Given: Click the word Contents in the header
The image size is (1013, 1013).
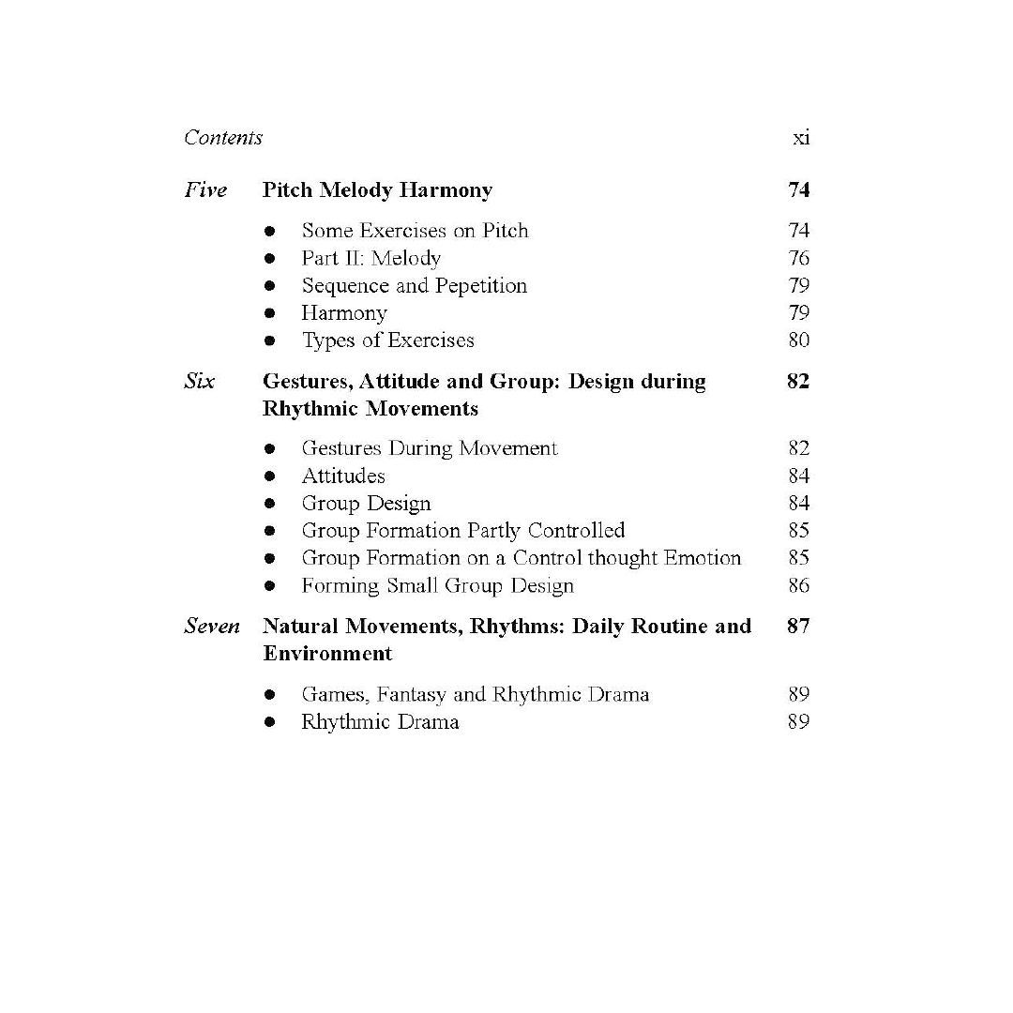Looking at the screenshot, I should [223, 138].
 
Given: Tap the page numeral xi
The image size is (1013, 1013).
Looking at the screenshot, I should [800, 138].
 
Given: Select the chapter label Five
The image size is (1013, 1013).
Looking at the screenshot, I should [205, 190].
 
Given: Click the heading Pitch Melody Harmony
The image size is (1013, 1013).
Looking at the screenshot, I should [377, 190].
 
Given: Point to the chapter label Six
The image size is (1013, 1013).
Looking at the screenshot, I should [199, 382].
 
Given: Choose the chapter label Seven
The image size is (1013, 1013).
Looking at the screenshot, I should [212, 627].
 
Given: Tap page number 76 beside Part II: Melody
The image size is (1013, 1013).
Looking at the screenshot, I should [798, 258].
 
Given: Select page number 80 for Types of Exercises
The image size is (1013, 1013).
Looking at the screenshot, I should [798, 340].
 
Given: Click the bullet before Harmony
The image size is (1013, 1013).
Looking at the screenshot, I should [270, 313].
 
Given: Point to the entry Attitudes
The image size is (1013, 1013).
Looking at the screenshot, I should [342, 476].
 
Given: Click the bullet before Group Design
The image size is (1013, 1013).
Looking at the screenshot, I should [270, 504].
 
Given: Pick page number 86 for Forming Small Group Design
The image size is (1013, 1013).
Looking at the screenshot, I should [798, 586].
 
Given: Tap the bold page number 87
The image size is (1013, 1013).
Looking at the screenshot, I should [798, 627].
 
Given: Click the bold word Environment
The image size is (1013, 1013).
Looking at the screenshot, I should [327, 654].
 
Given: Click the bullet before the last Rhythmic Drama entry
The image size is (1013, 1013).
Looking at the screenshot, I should [270, 722].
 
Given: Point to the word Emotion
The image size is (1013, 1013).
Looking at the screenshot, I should [703, 558].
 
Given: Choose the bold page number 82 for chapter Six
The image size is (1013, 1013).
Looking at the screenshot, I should [798, 382].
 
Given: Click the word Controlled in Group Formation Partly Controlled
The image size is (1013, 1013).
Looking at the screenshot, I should [576, 531].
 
